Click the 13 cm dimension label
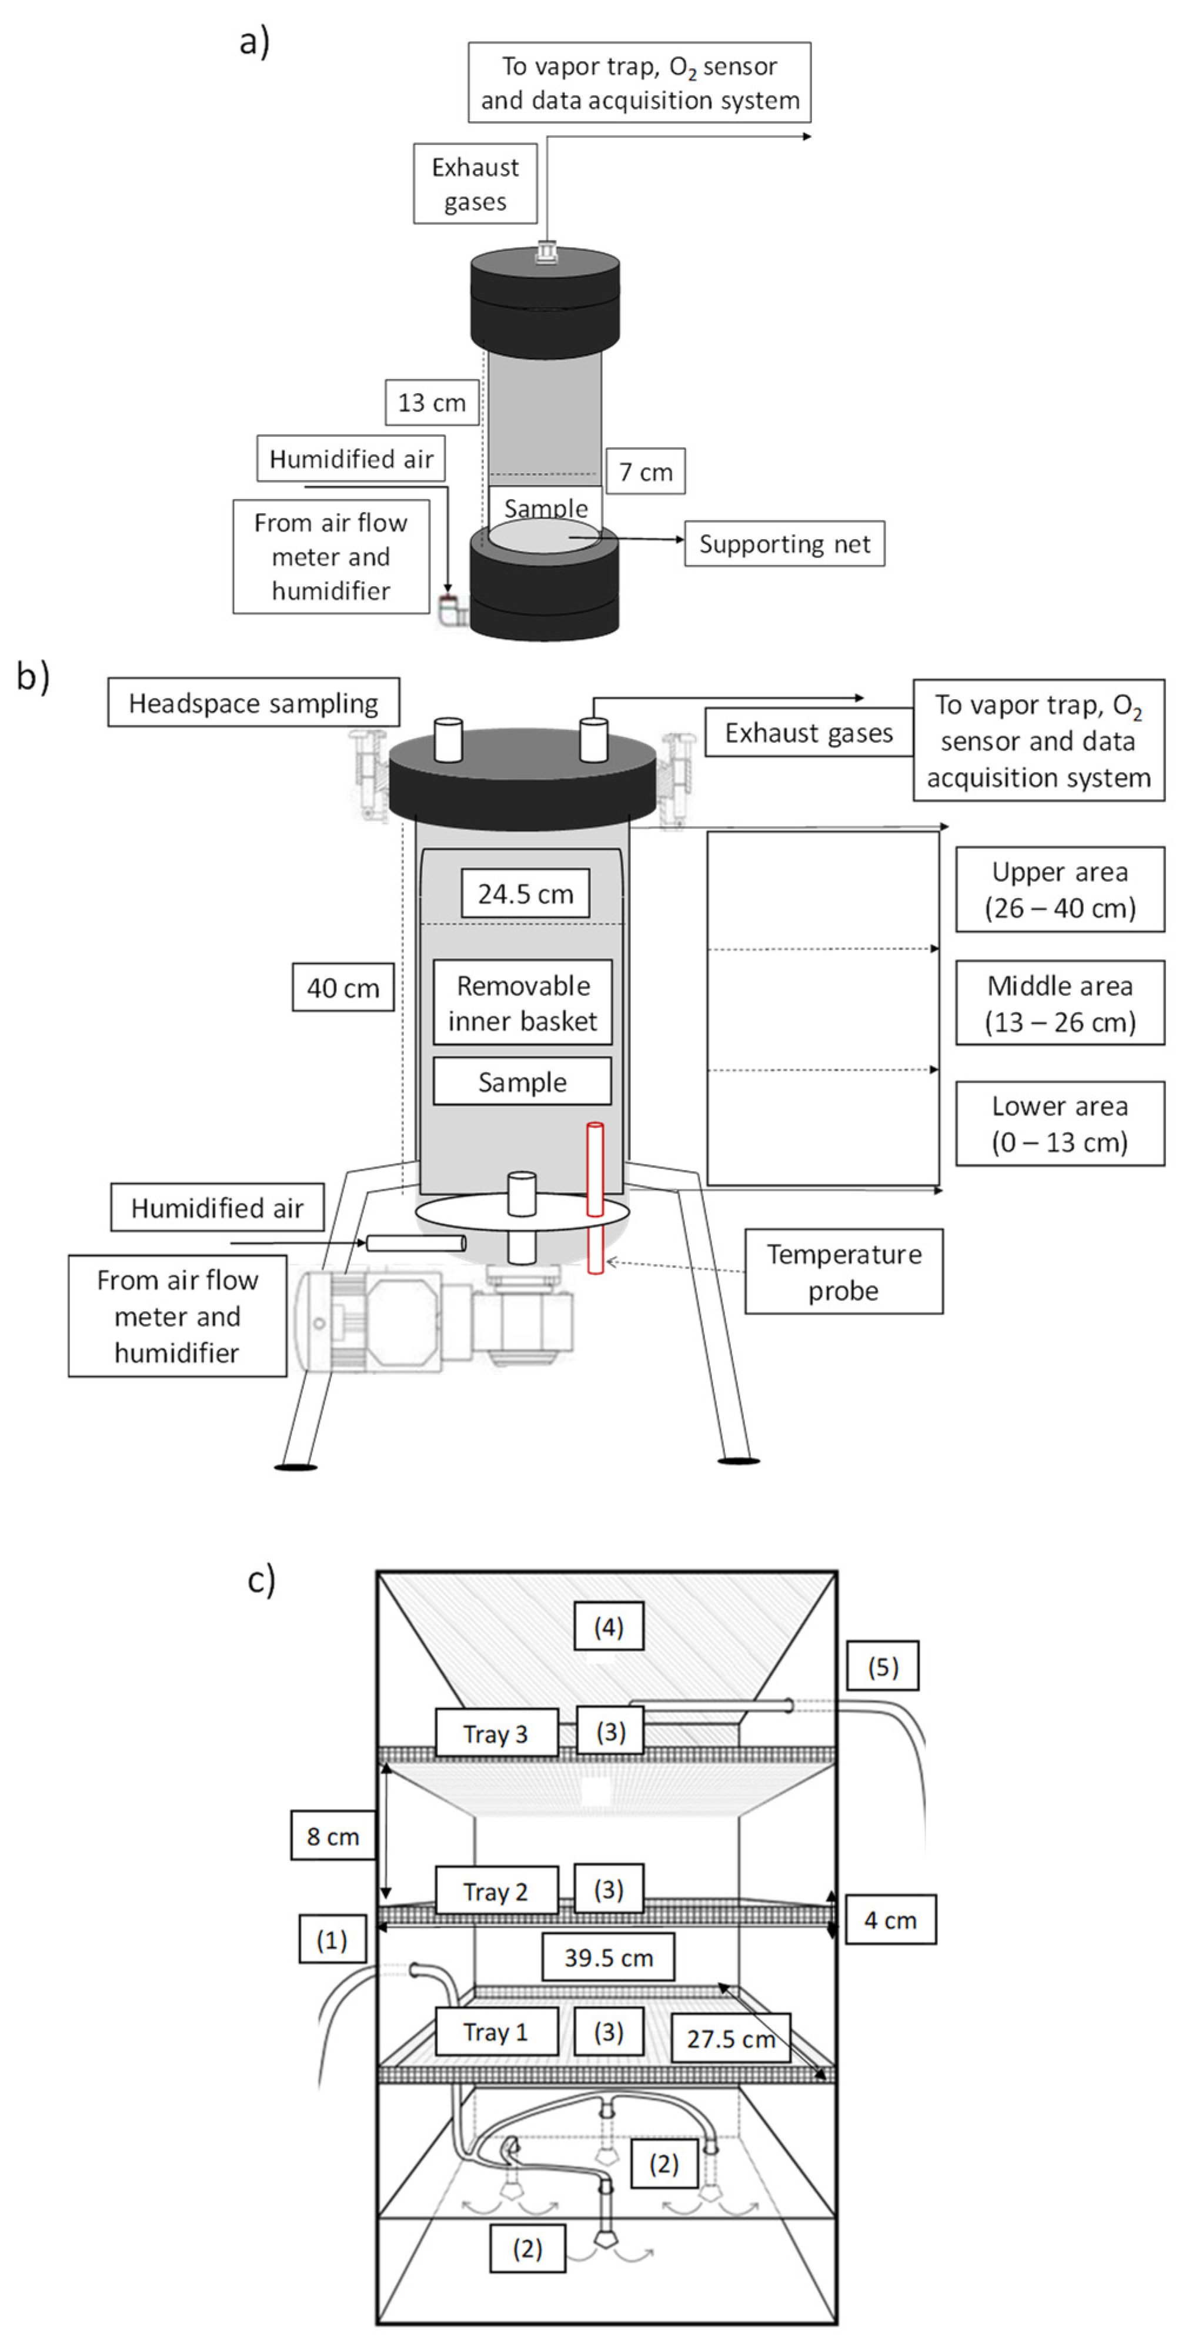pyautogui.click(x=431, y=403)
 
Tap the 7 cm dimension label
pyautogui.click(x=646, y=471)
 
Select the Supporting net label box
pyautogui.click(x=784, y=544)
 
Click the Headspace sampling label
pyautogui.click(x=253, y=703)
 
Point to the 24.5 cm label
pyautogui.click(x=525, y=893)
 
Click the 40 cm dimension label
pyautogui.click(x=343, y=987)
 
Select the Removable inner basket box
pyautogui.click(x=523, y=1003)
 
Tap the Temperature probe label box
pyautogui.click(x=843, y=1272)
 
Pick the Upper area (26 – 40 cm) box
pyautogui.click(x=1060, y=889)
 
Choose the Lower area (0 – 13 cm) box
pyautogui.click(x=1060, y=1124)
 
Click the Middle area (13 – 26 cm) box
pyautogui.click(x=1060, y=1003)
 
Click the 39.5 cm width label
pyautogui.click(x=608, y=1957)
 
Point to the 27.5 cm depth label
pyautogui.click(x=730, y=2038)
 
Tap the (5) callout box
pyautogui.click(x=881, y=1667)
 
